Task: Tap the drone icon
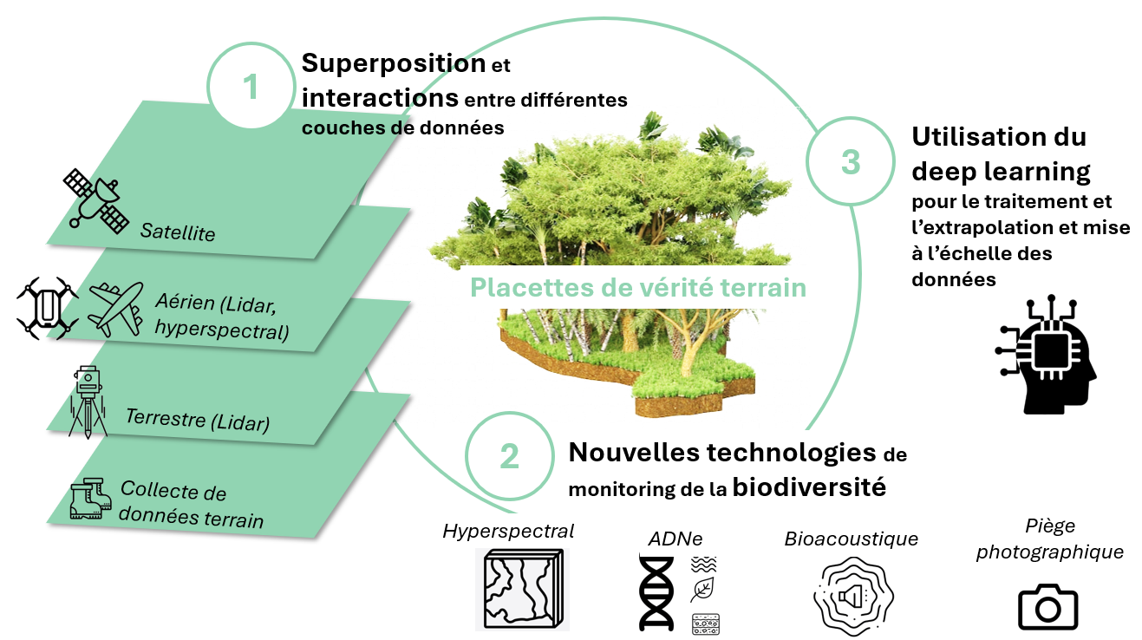tap(48, 308)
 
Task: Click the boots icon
tap(91, 499)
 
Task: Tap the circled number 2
tap(509, 456)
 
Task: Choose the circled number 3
tap(851, 161)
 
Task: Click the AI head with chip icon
tap(1045, 356)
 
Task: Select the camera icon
tap(1047, 607)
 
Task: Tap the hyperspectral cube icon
tap(519, 589)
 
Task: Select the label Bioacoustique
tap(851, 539)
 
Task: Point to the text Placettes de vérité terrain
tap(637, 287)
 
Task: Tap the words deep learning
tap(1001, 171)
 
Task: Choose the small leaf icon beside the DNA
tap(702, 591)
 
